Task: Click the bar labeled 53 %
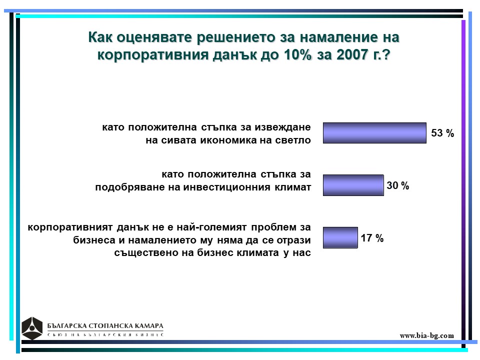click(x=374, y=133)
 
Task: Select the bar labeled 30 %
click(x=353, y=185)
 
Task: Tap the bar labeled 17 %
click(x=340, y=237)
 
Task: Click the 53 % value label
click(x=442, y=133)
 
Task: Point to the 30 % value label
click(x=397, y=185)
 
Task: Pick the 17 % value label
click(x=372, y=238)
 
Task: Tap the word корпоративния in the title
click(x=153, y=55)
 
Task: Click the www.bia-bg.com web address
click(x=426, y=335)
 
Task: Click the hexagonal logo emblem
click(x=32, y=328)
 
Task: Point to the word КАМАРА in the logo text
click(x=149, y=325)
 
